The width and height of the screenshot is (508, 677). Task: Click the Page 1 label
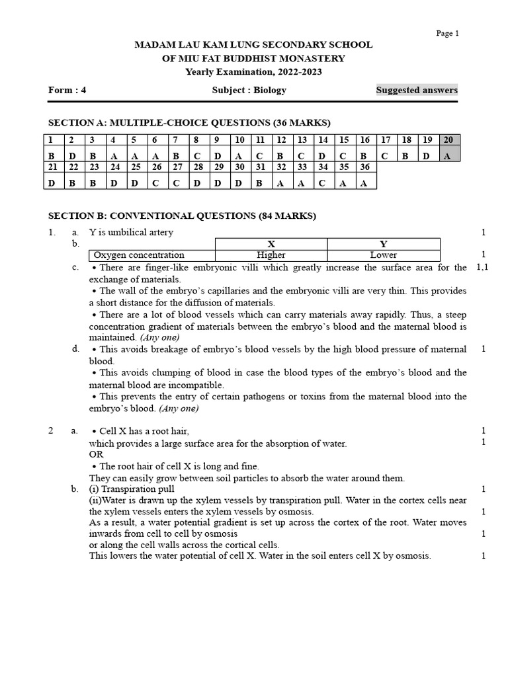point(447,34)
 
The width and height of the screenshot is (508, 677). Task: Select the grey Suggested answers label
point(417,90)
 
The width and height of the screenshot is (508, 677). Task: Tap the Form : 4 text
point(67,91)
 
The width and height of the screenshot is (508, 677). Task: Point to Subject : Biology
point(249,91)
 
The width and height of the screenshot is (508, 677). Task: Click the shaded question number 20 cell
point(450,139)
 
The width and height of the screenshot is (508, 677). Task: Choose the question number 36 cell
point(364,167)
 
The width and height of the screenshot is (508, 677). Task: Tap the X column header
point(271,243)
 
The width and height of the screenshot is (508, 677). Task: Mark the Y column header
point(384,243)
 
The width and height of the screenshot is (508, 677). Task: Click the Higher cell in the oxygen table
point(271,255)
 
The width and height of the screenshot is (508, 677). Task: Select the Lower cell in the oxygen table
point(384,255)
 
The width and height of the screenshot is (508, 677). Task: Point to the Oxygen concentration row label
point(139,255)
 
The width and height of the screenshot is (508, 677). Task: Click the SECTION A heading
point(190,122)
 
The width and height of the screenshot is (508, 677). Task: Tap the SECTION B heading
point(183,216)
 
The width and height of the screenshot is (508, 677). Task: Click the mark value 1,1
point(483,267)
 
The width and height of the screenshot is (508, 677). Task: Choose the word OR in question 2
point(97,455)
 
